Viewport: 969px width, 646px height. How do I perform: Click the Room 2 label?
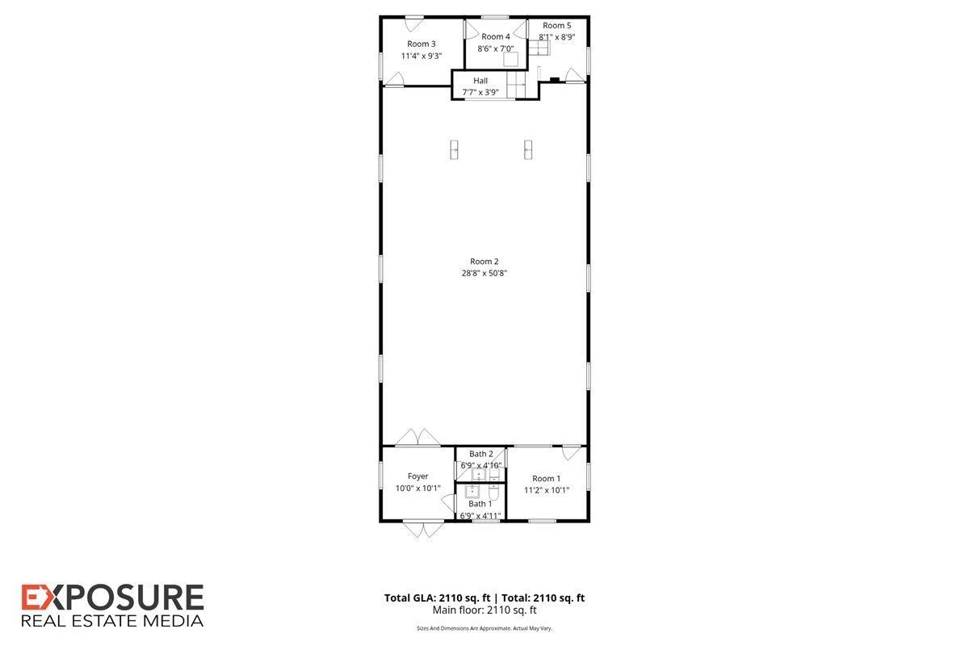click(x=484, y=262)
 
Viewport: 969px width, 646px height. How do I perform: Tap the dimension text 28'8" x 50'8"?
click(x=484, y=273)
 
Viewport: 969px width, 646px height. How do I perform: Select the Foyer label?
click(x=417, y=476)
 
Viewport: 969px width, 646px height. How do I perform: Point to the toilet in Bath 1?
click(x=493, y=493)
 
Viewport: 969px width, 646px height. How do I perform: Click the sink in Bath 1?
click(x=472, y=492)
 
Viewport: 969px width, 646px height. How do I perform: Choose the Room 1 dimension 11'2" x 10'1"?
click(x=547, y=490)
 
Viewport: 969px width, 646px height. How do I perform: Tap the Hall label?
click(x=480, y=81)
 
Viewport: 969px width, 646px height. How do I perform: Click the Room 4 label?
click(x=495, y=37)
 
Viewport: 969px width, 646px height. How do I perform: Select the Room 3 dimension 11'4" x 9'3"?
click(x=421, y=56)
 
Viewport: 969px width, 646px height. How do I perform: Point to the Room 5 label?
click(x=556, y=26)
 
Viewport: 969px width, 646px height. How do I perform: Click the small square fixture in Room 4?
click(x=510, y=59)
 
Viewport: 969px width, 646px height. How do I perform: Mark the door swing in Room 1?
click(x=572, y=452)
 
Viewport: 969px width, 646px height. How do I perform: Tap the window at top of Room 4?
click(x=495, y=17)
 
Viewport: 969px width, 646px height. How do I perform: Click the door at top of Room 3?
click(x=414, y=23)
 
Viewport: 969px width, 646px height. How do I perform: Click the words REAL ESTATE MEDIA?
click(x=112, y=621)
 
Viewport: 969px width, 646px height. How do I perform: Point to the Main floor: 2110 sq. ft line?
click(x=484, y=610)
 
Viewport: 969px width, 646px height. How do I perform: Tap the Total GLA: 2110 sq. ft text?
click(x=438, y=598)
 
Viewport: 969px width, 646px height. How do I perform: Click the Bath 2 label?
click(x=481, y=454)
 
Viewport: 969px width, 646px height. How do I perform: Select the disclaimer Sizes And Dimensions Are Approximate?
click(x=464, y=628)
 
